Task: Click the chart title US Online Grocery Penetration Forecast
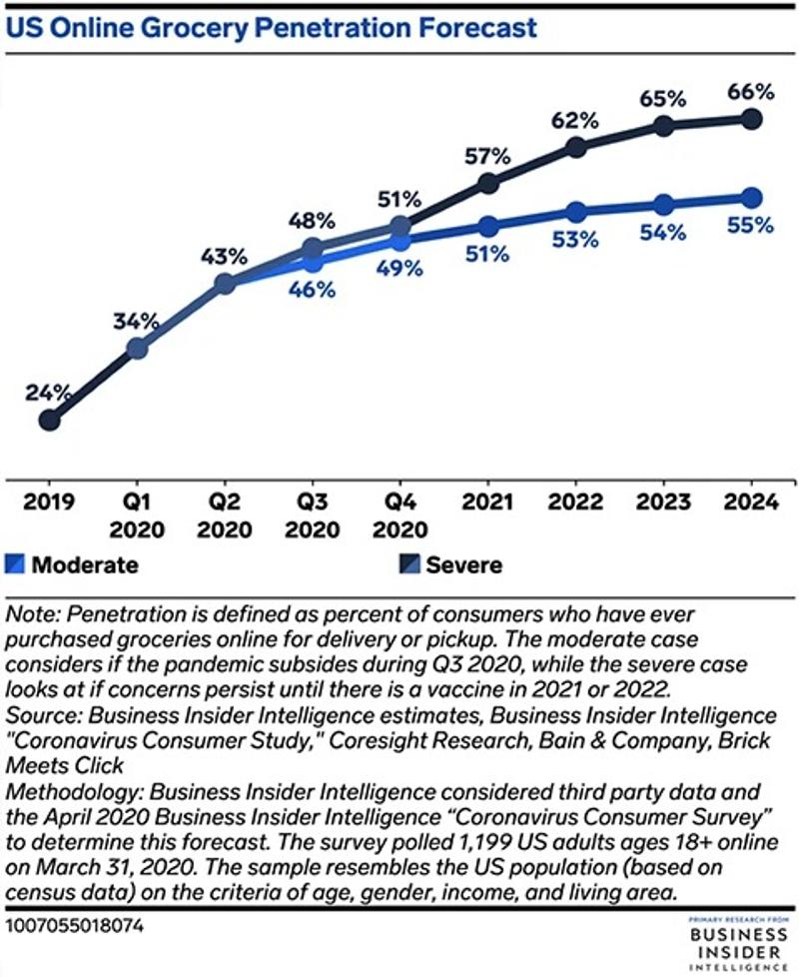click(x=273, y=27)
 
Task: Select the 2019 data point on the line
click(x=49, y=421)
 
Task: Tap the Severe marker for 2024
click(x=751, y=120)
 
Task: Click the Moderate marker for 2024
click(x=751, y=197)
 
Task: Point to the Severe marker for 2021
click(x=487, y=183)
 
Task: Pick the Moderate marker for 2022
click(x=575, y=212)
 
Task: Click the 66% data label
click(x=751, y=92)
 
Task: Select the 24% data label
click(x=49, y=392)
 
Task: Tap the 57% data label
click(x=487, y=156)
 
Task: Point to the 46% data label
click(x=312, y=291)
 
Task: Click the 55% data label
click(x=751, y=225)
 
